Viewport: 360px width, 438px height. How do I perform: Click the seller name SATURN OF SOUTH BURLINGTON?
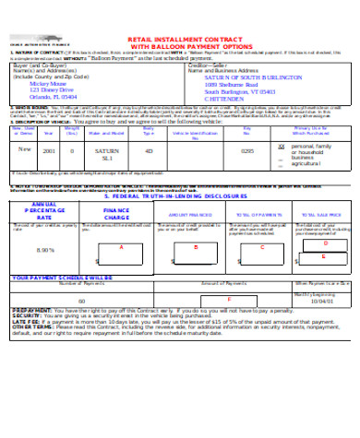tap(251, 104)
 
